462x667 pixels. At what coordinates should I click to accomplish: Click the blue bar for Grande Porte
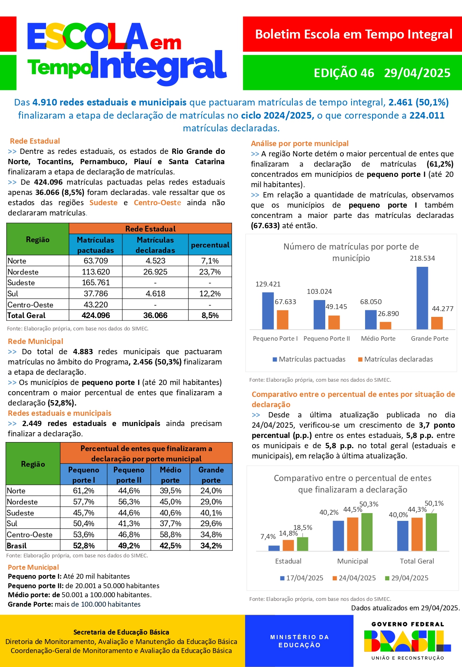tap(422, 298)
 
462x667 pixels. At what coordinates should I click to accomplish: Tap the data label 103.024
tap(319, 291)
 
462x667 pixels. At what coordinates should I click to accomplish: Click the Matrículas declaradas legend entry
tap(395, 359)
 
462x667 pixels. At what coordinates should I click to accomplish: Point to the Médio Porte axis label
tap(378, 339)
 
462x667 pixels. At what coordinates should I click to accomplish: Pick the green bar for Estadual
tap(302, 544)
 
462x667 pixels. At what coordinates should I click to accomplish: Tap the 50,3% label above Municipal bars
tap(369, 504)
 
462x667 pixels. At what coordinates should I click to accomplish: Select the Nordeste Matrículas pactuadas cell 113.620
tap(96, 272)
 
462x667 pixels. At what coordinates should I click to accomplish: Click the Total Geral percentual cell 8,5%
tap(210, 315)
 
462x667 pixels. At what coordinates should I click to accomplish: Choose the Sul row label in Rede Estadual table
tap(13, 293)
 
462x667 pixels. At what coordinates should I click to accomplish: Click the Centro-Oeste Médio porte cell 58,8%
tap(170, 534)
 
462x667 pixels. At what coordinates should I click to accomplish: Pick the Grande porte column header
tap(211, 474)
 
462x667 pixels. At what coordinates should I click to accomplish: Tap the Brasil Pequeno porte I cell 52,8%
tap(84, 546)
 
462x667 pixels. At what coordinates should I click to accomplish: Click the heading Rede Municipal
tap(35, 341)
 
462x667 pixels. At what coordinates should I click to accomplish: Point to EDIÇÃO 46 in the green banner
tap(344, 73)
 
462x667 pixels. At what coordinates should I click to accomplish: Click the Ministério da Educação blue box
tap(299, 641)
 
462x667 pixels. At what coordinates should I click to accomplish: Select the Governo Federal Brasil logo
tap(407, 640)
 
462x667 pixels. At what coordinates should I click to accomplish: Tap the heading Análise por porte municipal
tap(299, 143)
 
